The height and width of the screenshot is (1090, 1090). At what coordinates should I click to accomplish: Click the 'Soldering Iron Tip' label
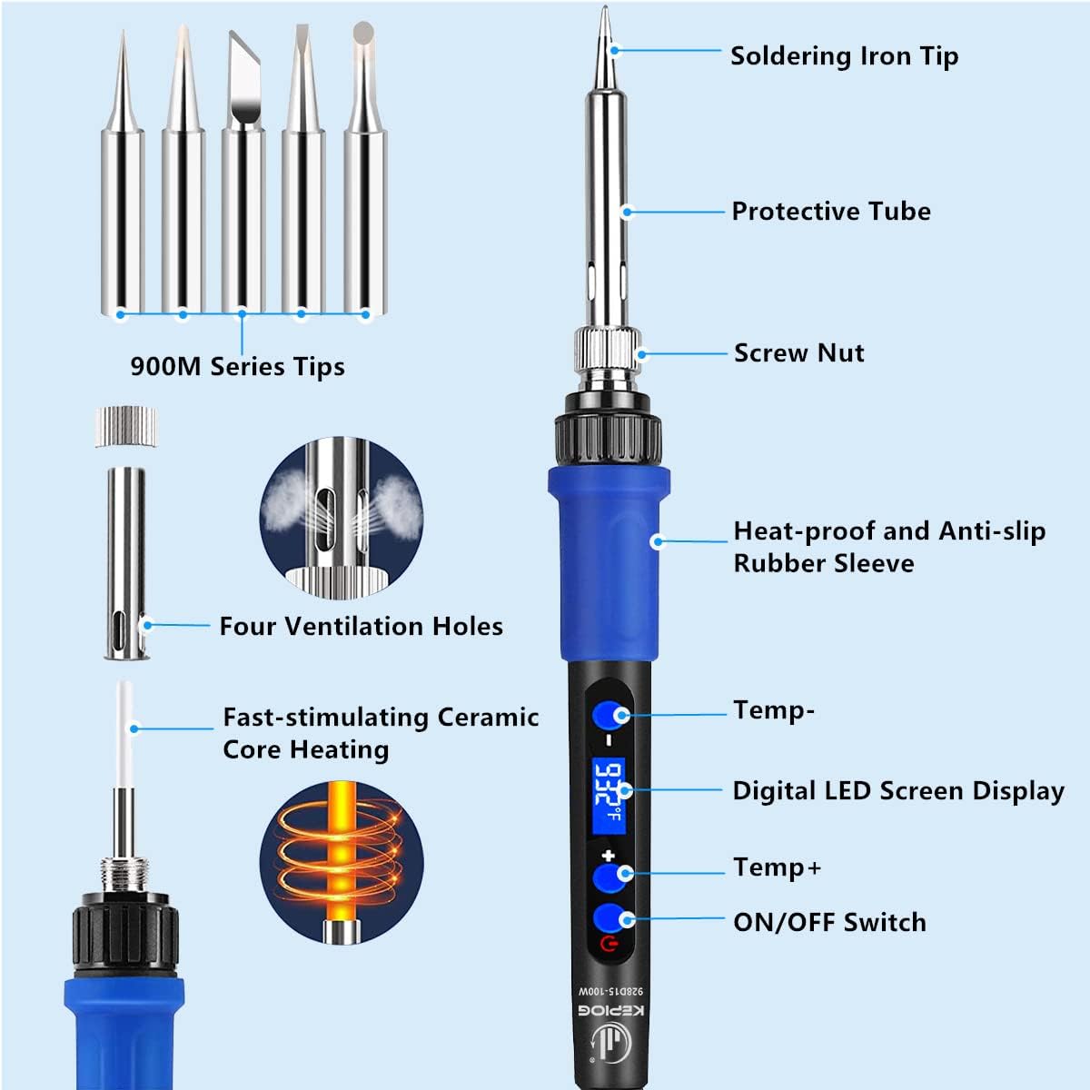point(844,56)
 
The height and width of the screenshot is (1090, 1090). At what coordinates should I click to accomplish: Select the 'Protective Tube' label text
point(831,212)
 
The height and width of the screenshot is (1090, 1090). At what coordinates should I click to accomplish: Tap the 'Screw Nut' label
point(798,353)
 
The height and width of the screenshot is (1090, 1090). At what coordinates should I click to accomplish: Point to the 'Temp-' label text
point(773,709)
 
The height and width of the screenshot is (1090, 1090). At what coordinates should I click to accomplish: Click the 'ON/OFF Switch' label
point(829,923)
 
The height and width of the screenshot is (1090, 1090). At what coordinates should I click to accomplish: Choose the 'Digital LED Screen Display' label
point(897,791)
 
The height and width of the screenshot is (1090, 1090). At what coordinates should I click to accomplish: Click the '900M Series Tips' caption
point(237,367)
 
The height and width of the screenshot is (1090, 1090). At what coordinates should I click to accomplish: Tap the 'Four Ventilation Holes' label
point(361,627)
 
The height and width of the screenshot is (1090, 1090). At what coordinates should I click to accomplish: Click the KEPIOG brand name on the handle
point(610,1011)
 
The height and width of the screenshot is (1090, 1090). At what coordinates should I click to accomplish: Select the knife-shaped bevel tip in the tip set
point(243,82)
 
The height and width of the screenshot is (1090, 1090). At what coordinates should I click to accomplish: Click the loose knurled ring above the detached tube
point(125,426)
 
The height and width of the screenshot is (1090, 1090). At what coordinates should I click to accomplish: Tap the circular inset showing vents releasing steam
point(341,518)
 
